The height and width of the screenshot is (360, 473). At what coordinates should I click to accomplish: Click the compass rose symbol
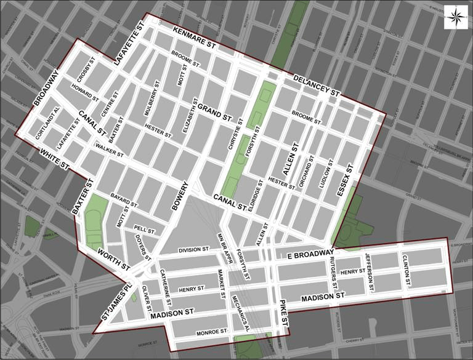(455, 15)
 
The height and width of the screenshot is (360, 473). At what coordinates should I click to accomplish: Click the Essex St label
(344, 182)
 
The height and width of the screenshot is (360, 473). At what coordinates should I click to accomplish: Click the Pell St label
(143, 230)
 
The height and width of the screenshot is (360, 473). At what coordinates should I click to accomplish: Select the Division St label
(194, 250)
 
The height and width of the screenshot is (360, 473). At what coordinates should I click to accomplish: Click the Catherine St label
(166, 289)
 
